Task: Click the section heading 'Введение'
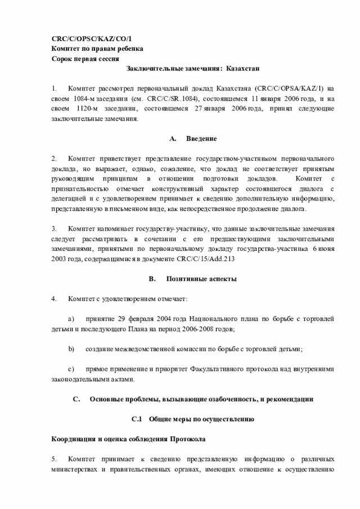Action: (201, 138)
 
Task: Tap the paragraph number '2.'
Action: (54, 159)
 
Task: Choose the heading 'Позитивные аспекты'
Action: (201, 279)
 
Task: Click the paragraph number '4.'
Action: (54, 299)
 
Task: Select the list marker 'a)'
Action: (71, 319)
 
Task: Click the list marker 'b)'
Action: (71, 349)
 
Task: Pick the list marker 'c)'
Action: (71, 370)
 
